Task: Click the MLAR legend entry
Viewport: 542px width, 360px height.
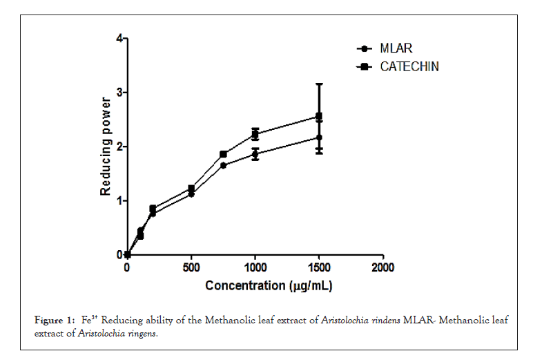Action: pos(396,49)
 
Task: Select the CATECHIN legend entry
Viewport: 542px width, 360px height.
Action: pos(409,67)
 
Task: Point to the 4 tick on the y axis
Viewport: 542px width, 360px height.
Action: pos(119,39)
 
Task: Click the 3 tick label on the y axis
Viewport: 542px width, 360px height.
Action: pos(119,93)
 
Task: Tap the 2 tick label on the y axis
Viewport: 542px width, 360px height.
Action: pos(119,146)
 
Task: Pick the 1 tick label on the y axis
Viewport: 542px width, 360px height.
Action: pos(119,201)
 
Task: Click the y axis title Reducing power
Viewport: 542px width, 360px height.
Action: pos(106,146)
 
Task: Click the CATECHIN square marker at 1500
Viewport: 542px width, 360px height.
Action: pos(319,116)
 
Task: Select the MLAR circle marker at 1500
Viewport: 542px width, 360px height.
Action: pos(319,138)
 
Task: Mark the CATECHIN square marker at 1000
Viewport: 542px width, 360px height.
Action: pos(255,134)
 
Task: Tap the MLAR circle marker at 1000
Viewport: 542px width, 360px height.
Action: pos(255,154)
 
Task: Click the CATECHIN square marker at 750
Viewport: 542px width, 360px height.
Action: pos(223,154)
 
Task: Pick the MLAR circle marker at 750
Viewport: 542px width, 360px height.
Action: pos(223,165)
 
